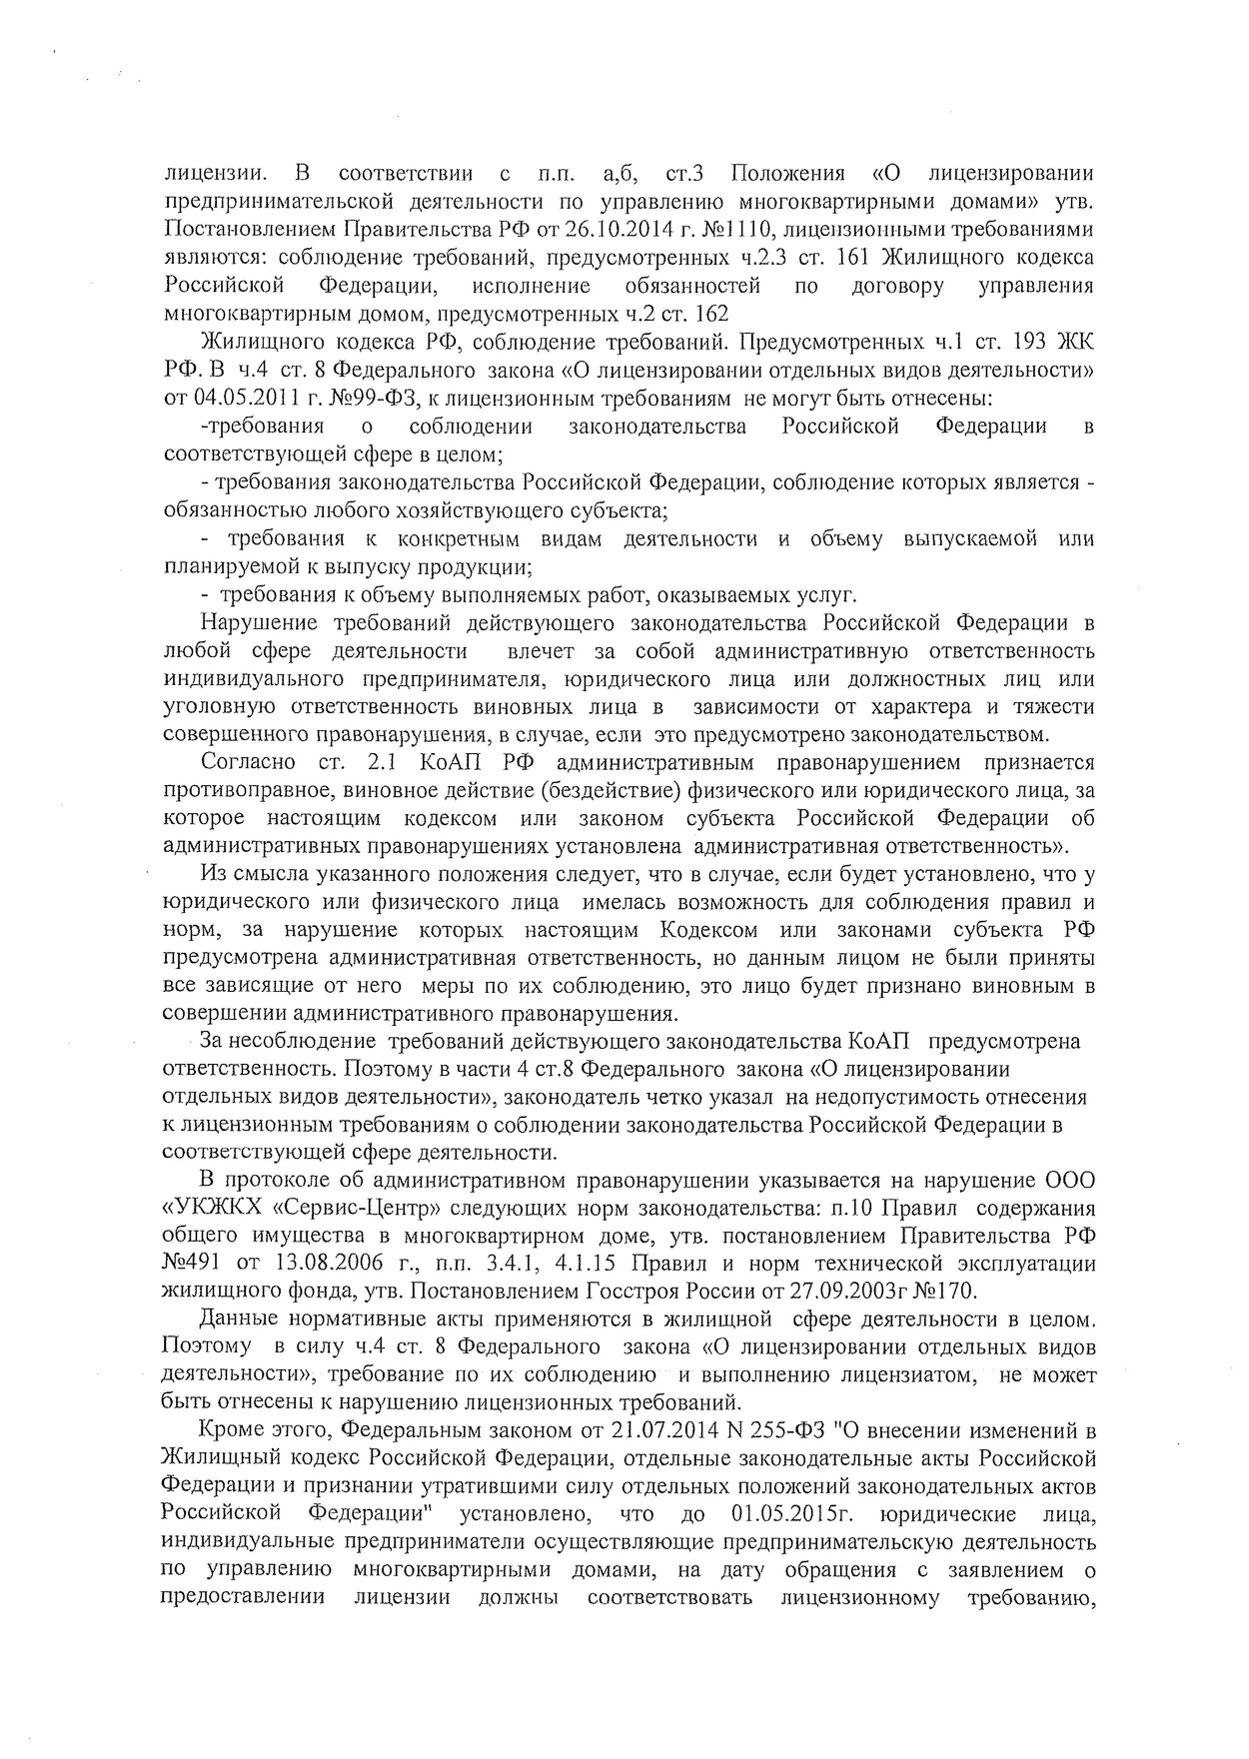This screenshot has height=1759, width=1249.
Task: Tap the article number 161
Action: click(x=847, y=257)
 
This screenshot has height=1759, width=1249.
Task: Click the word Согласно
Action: click(x=248, y=762)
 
